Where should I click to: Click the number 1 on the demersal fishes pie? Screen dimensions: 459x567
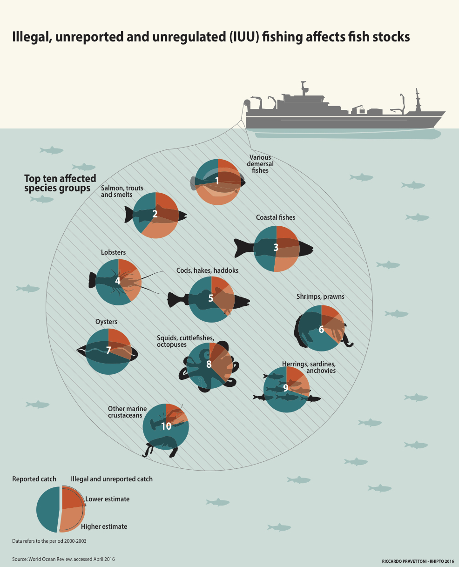pos(217,181)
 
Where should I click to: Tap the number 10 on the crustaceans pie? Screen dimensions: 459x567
pos(166,426)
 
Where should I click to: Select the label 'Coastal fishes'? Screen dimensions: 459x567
pos(276,217)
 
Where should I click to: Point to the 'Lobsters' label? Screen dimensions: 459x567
pos(113,252)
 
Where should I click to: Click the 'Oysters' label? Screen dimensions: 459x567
pos(106,322)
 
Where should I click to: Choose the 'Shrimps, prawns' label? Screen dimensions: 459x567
pos(320,297)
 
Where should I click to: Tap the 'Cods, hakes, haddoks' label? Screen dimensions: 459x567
pos(207,270)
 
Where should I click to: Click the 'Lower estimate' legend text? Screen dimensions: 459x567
pos(107,499)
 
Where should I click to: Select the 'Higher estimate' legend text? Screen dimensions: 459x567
pos(104,526)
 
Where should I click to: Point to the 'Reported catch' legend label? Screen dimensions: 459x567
pos(34,479)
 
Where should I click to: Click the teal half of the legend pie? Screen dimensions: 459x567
pos(47,509)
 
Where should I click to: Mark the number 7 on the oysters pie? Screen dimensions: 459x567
pos(108,351)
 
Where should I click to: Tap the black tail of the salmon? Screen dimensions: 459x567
pos(129,214)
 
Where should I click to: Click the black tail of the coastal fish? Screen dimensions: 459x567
pos(243,248)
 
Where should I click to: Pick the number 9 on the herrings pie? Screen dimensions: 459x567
pos(286,388)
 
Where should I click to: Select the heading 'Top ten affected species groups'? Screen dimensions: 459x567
pos(60,183)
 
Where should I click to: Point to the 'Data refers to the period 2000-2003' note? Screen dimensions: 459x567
pos(49,541)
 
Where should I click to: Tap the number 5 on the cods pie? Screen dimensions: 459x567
pos(210,298)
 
